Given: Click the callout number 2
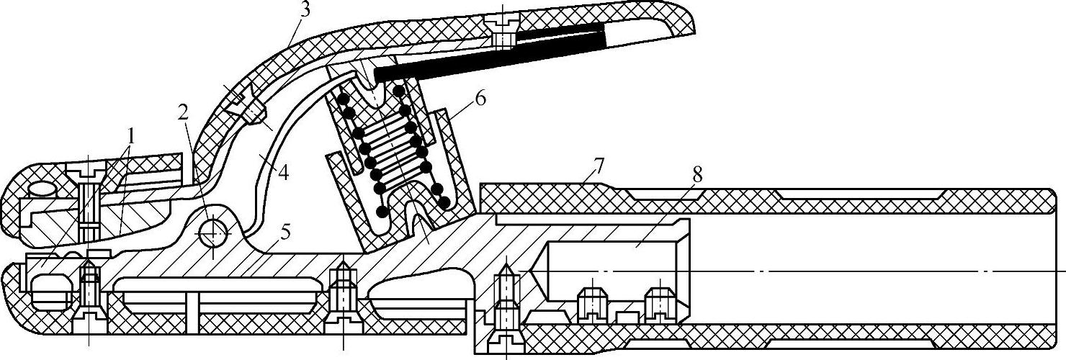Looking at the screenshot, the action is click(183, 112).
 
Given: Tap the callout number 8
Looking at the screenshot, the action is click(697, 175).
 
